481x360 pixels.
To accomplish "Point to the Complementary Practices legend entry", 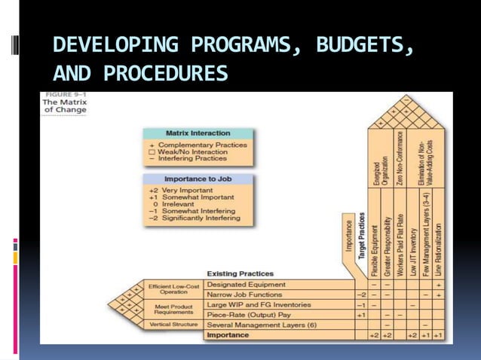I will (x=198, y=145).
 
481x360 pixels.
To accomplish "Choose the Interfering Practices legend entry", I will (x=195, y=158).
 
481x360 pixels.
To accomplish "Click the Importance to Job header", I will (x=198, y=179).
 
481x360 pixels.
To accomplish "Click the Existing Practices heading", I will (x=240, y=273).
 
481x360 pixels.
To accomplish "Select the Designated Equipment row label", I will (x=246, y=285).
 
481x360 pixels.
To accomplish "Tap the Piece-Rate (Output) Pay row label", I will (x=249, y=314).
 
